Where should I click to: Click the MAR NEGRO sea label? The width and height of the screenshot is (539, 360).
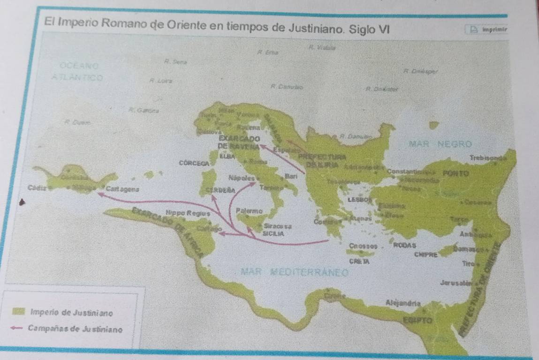pos(440,143)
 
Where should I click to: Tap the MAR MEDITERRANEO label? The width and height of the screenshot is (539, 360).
pos(295,272)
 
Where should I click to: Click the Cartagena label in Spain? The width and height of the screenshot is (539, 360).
pos(121,188)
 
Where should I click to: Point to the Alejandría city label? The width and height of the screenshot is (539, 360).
pos(401,302)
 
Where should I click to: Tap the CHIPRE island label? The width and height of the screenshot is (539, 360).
pos(426,255)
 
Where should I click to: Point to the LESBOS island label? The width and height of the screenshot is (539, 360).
pos(357,199)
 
